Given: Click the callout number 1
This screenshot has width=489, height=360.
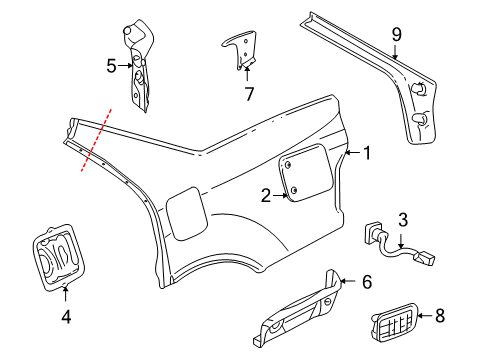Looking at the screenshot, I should click(x=367, y=153).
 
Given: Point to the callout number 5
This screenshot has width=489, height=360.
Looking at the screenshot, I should click(x=112, y=66).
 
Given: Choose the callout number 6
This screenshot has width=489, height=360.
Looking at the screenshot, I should click(x=366, y=284).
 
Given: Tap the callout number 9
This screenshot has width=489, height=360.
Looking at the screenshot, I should click(x=396, y=37).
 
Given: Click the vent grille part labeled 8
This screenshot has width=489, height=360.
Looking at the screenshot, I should click(x=403, y=319).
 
